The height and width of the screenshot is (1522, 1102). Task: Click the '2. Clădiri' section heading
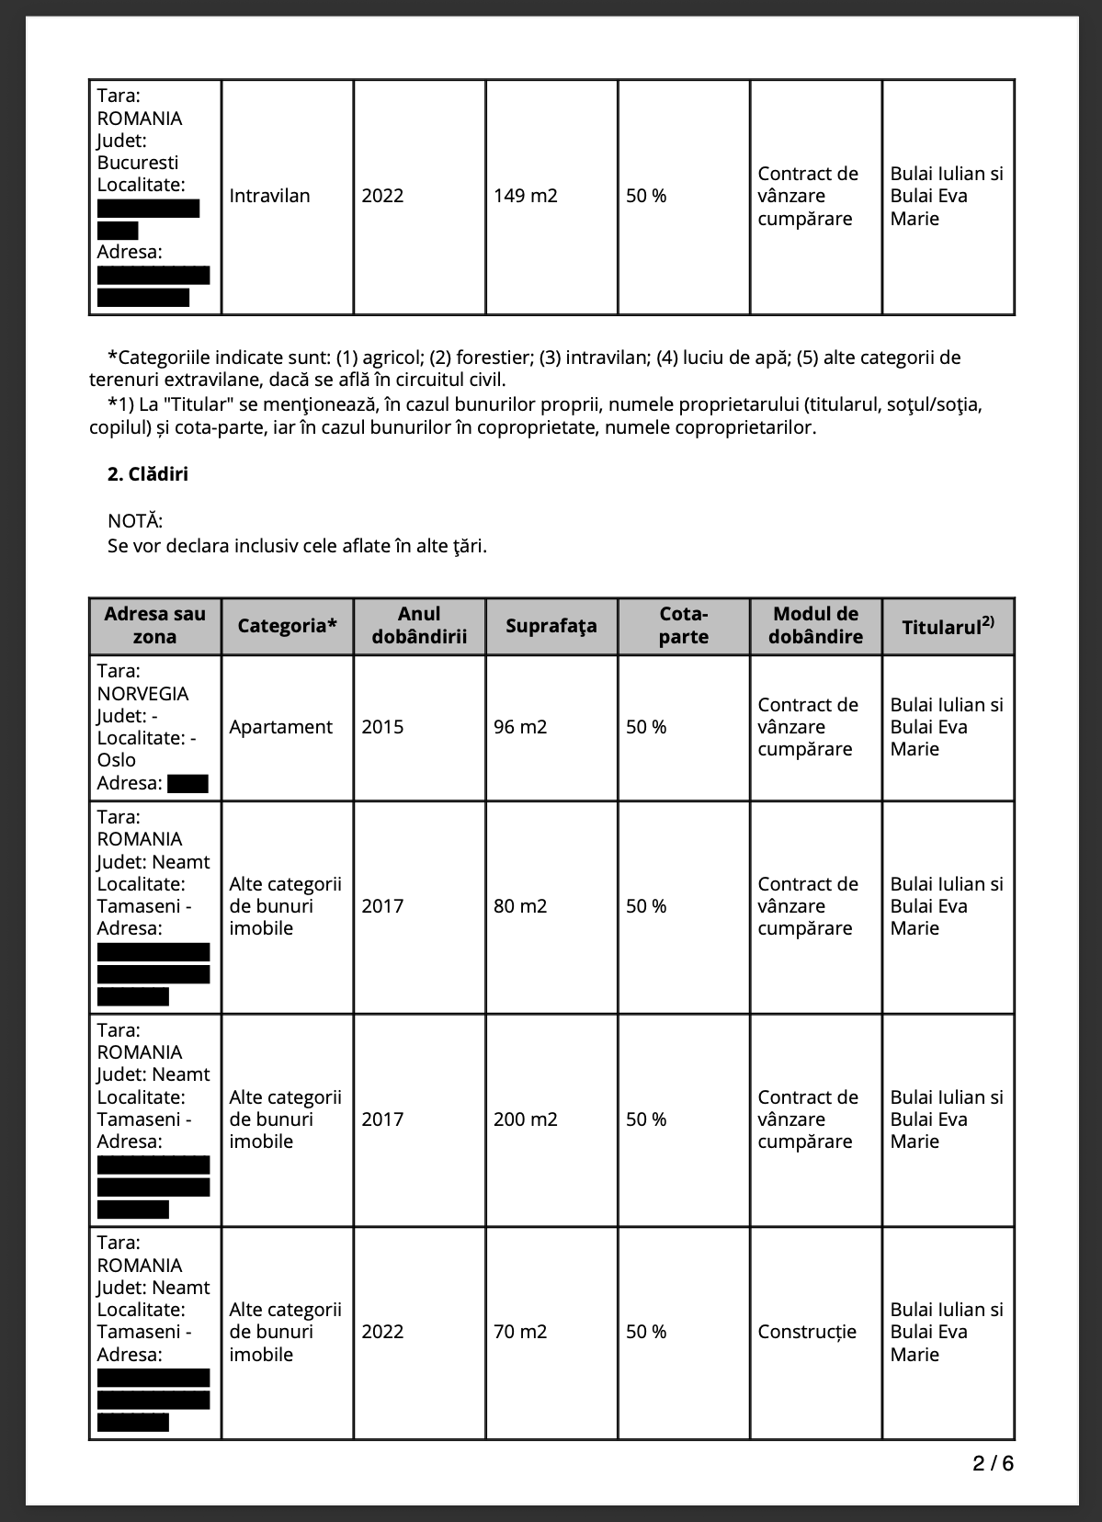148,474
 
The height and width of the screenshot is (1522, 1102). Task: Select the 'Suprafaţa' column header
551,626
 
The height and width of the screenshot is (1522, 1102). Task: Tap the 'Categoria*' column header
287,626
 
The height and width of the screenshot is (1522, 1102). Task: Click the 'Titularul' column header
947,626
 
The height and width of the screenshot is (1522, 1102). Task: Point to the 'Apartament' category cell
280,727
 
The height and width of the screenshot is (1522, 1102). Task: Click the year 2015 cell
382,727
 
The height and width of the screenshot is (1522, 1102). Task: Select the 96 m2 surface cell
520,727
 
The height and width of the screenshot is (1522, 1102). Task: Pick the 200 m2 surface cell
525,1119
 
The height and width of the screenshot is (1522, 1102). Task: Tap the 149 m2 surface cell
525,196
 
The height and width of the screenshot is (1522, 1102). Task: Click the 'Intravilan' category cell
269,196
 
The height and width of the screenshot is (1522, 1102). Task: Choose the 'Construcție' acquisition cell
806,1332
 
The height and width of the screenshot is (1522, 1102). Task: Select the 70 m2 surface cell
520,1332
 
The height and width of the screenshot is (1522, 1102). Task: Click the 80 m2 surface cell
520,906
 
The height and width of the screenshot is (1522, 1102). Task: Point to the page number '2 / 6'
993,1463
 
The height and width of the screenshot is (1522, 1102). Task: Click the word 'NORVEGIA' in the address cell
142,694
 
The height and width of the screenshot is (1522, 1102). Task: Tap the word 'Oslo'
116,760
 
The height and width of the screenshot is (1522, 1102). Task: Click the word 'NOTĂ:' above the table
135,521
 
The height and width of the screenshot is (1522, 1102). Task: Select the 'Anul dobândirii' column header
419,626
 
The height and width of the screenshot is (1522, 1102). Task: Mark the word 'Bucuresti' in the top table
138,163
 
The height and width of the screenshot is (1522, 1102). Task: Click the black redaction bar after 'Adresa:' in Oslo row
187,784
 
